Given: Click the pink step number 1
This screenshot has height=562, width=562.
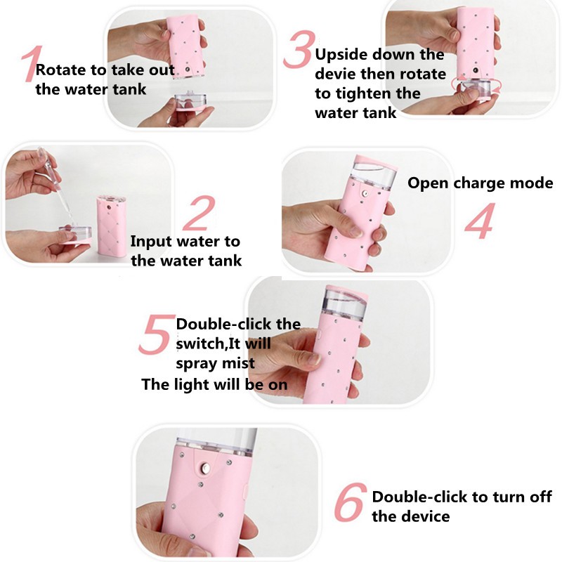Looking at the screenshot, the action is click(x=32, y=64).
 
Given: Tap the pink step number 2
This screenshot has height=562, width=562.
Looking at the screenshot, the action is click(x=200, y=213).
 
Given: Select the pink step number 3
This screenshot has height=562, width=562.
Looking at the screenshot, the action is click(x=299, y=49).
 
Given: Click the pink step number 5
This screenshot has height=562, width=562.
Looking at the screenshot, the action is click(x=156, y=334).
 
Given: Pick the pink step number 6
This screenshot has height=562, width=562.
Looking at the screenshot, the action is click(x=350, y=502).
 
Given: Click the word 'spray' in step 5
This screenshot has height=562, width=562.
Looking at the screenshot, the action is click(x=195, y=364).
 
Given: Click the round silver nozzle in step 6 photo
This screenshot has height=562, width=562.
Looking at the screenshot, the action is click(x=206, y=468).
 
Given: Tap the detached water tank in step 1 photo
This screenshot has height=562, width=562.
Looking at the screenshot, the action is click(x=190, y=102).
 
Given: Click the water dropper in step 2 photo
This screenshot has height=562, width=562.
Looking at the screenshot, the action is click(x=49, y=165).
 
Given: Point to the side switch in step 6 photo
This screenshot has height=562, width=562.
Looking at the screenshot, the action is click(x=245, y=491).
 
